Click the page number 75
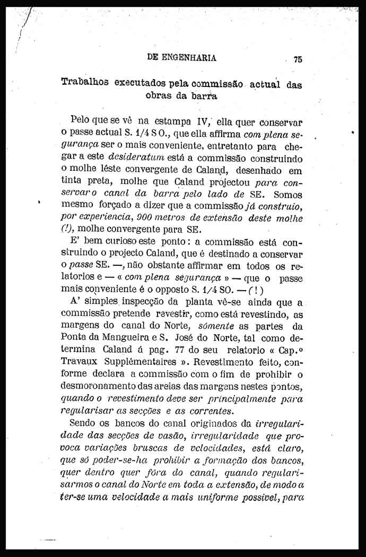tap(297, 60)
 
